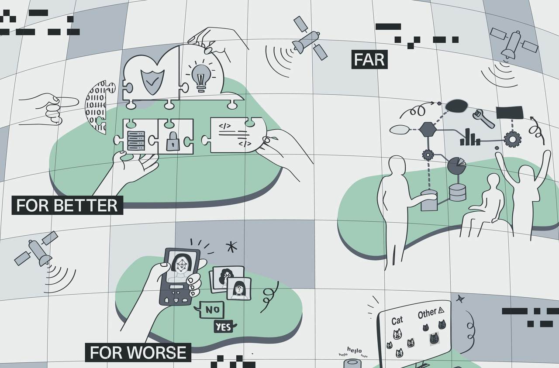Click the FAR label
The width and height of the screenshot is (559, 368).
click(x=369, y=60)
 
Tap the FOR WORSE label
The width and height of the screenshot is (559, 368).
click(x=138, y=352)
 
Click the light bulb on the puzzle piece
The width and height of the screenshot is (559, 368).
click(x=200, y=78)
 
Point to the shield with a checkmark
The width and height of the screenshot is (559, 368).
click(x=151, y=79)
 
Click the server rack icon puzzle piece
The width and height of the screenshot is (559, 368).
click(x=134, y=140)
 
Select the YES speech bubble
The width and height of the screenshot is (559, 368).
click(x=224, y=327)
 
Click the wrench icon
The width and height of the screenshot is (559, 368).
click(x=483, y=118)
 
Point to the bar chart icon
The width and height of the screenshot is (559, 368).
click(x=469, y=137)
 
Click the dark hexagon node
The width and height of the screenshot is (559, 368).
click(x=428, y=129)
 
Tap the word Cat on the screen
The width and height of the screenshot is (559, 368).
click(x=397, y=321)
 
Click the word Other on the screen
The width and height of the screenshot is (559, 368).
click(x=427, y=313)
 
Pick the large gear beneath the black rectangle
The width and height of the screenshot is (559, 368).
click(x=512, y=139)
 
